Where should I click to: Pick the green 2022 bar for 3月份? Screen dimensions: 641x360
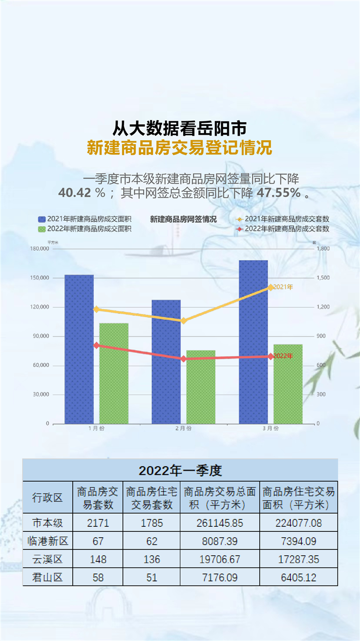pyautogui.click(x=288, y=384)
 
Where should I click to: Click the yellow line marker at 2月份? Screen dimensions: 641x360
pyautogui.click(x=183, y=320)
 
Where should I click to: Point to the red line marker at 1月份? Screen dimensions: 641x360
pyautogui.click(x=97, y=345)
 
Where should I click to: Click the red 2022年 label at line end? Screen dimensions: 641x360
pyautogui.click(x=283, y=356)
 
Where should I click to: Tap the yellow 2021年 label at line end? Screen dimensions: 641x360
pyautogui.click(x=283, y=287)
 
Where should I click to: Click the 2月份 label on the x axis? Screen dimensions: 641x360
pyautogui.click(x=183, y=429)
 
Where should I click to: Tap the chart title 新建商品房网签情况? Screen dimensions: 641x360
pyautogui.click(x=183, y=219)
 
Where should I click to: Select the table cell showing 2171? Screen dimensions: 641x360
pyautogui.click(x=98, y=523)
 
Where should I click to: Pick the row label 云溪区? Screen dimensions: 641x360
pyautogui.click(x=48, y=559)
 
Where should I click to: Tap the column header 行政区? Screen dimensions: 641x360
pyautogui.click(x=48, y=497)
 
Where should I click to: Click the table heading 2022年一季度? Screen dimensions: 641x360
pyautogui.click(x=180, y=471)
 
